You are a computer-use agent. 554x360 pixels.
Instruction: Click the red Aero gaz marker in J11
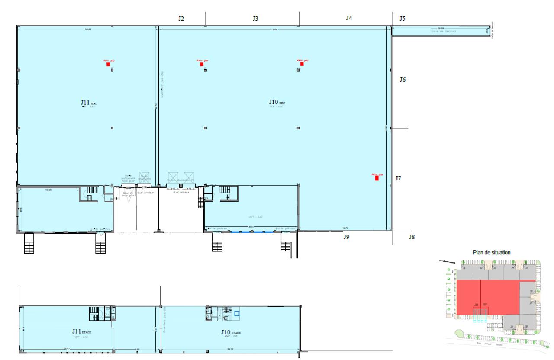click(108, 64)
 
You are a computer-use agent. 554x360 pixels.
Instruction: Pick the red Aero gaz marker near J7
click(377, 177)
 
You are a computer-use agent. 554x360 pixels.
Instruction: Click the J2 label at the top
click(181, 19)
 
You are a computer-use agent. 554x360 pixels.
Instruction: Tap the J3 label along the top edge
click(255, 19)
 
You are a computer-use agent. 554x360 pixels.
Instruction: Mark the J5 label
click(402, 19)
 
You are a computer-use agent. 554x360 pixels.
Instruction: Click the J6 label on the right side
click(402, 80)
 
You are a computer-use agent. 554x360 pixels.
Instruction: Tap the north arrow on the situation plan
click(445, 261)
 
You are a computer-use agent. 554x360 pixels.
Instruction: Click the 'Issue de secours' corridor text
click(443, 31)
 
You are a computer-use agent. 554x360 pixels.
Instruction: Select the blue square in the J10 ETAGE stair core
click(237, 314)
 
